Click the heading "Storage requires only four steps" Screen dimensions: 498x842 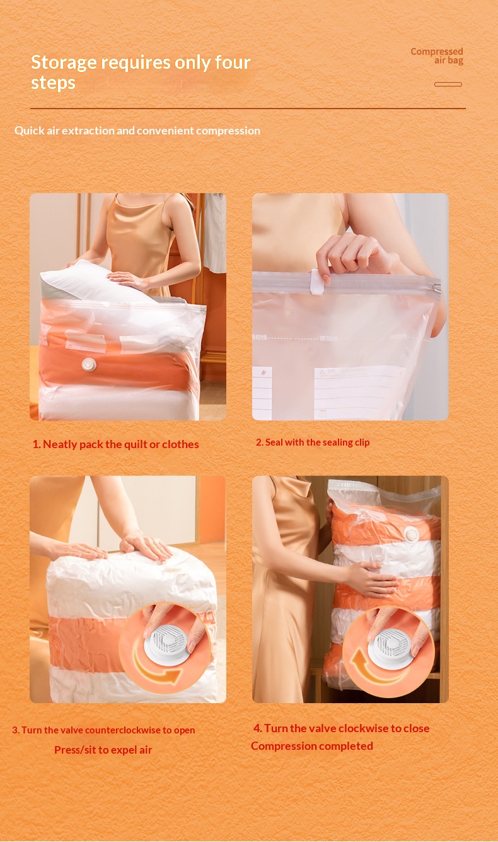pos(141,72)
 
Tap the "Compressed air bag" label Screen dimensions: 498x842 pos(437,56)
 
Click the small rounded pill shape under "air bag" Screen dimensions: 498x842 pos(448,84)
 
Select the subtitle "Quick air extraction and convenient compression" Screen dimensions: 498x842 pos(137,131)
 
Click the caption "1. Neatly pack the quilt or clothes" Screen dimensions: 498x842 pos(115,444)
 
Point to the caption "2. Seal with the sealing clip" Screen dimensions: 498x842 pos(313,442)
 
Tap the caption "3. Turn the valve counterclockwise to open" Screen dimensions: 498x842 pos(103,730)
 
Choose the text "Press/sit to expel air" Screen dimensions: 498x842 pos(103,750)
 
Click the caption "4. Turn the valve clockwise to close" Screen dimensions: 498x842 pos(341,728)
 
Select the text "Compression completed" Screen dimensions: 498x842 pos(312,746)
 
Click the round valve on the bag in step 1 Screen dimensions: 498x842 pos(89,364)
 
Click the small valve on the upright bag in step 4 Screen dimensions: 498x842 pos(411,535)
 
